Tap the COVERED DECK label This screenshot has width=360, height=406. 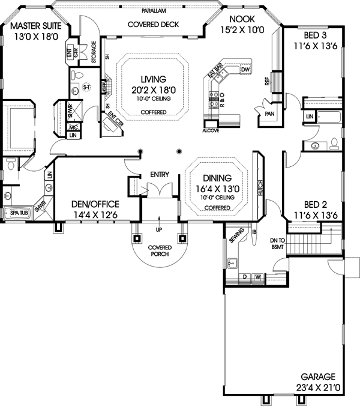[x=153, y=25]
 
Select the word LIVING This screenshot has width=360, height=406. [x=154, y=79]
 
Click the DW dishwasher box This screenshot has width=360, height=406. [x=244, y=70]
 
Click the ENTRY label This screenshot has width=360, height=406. [x=160, y=175]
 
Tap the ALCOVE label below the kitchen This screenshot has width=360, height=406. [x=211, y=129]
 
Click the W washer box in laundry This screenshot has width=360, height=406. [x=257, y=277]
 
